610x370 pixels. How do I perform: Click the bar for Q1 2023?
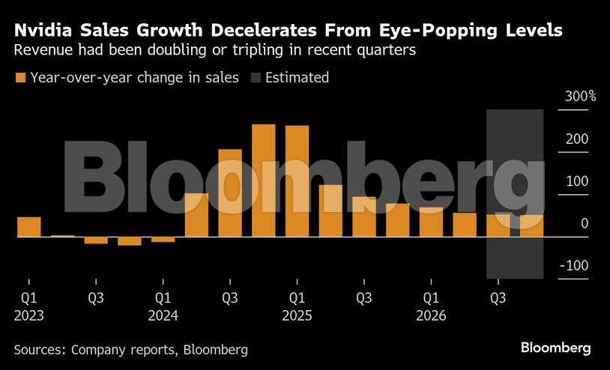(x=28, y=227)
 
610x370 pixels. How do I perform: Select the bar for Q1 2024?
(x=163, y=239)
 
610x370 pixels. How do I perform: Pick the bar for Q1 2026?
(x=431, y=222)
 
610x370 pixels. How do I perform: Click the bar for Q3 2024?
(x=230, y=193)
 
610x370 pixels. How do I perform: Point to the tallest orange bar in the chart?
(x=264, y=181)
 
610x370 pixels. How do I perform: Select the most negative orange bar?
(x=129, y=240)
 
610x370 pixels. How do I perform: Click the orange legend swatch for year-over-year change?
(x=20, y=78)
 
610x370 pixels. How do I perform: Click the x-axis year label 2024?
(x=163, y=316)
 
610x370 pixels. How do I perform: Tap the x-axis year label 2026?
(x=431, y=316)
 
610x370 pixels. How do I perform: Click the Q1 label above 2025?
(x=297, y=298)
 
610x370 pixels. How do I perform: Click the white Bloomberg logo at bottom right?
(x=555, y=348)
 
